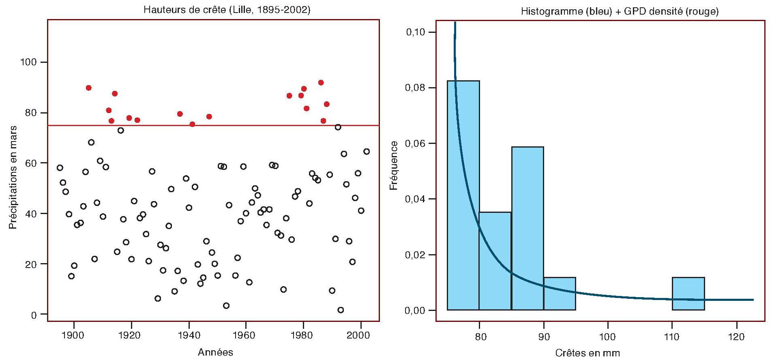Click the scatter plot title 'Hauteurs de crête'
pos(227,9)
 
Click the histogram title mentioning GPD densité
pos(620,11)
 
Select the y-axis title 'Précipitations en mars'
pos(13,177)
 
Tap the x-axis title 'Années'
pos(215,352)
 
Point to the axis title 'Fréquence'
pos(394,165)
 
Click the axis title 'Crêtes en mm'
pos(588,353)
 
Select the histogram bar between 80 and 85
pos(495,261)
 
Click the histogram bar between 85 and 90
pos(528,229)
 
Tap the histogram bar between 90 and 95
pos(560,294)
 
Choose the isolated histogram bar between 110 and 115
pos(688,294)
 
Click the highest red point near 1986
pos(321,83)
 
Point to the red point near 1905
pos(89,88)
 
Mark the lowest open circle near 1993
pos(341,310)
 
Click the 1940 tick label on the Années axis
pos(189,335)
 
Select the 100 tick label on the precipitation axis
pos(28,62)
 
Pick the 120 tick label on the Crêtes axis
pos(737,336)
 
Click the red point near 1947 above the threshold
pos(209,117)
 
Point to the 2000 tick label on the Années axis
pos(358,335)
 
